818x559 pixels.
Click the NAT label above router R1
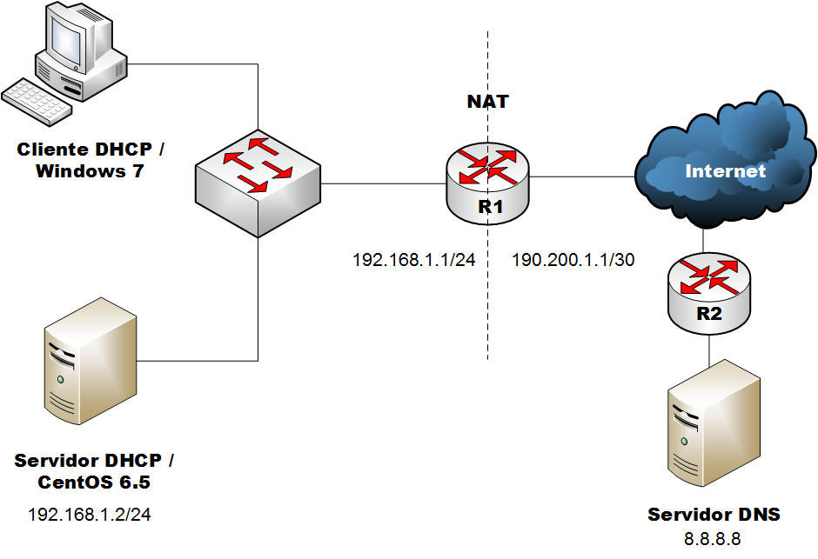click(x=487, y=102)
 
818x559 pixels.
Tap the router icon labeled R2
click(x=709, y=292)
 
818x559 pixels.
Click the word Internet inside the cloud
click(x=725, y=170)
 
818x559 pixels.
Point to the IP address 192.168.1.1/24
click(x=413, y=260)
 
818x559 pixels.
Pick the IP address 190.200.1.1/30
click(x=573, y=260)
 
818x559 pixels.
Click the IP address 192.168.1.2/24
click(x=90, y=515)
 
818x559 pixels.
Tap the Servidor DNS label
click(x=714, y=515)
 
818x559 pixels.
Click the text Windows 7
click(x=90, y=171)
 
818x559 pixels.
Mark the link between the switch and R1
click(x=383, y=183)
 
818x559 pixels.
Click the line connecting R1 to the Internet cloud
click(x=581, y=177)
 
